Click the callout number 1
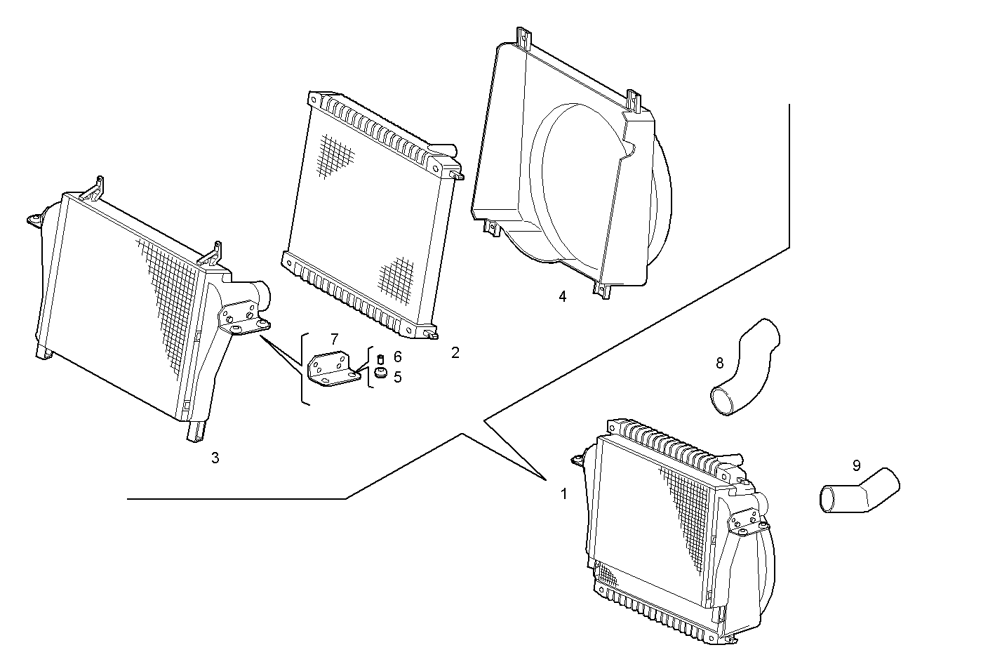[x=563, y=493]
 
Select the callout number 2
[x=455, y=352]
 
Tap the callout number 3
[x=215, y=458]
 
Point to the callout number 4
[x=562, y=296]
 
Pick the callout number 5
[x=398, y=378]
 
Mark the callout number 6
[x=398, y=357]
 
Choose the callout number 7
[x=334, y=339]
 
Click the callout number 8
[x=719, y=363]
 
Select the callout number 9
[x=856, y=465]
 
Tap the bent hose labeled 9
[x=860, y=492]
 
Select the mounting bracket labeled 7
[x=333, y=369]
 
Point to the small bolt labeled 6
[x=381, y=359]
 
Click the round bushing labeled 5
[x=381, y=372]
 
